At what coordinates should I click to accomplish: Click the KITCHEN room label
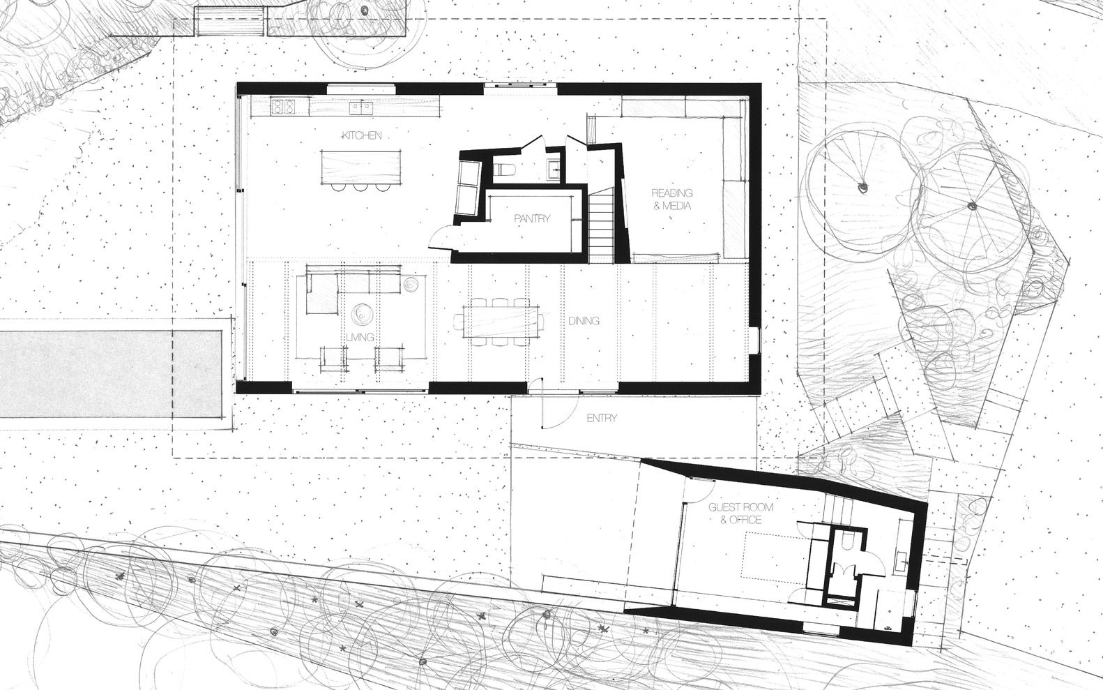pos(362,135)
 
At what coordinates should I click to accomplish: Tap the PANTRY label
pos(532,218)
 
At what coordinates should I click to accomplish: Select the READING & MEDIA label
pos(672,199)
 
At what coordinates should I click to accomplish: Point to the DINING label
pos(584,321)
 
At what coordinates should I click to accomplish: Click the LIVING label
pos(360,338)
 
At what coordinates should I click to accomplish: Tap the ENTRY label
pos(602,419)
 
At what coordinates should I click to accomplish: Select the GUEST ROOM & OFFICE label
pos(734,513)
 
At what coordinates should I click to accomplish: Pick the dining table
pos(501,322)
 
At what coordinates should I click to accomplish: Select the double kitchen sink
pos(361,107)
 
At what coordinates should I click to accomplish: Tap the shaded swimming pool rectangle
pos(110,374)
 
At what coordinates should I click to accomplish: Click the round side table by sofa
pos(411,284)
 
